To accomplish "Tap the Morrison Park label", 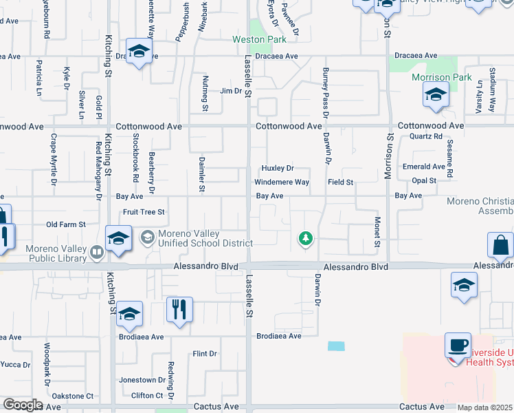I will coord(441,77).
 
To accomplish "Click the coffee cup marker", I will coord(458,344).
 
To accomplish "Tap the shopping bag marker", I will coord(500,244).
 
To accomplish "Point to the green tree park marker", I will coord(306,239).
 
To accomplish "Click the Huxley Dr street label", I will coord(277,169).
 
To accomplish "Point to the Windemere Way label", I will coord(282,182).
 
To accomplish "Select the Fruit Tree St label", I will coord(144,212).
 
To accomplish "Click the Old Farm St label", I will coord(65,224).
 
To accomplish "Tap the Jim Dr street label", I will coord(231,91).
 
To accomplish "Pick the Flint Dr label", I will coord(205,354).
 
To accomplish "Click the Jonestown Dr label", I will coord(137,380).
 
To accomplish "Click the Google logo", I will coord(23,405).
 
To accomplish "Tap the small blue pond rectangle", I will coord(337,346).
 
